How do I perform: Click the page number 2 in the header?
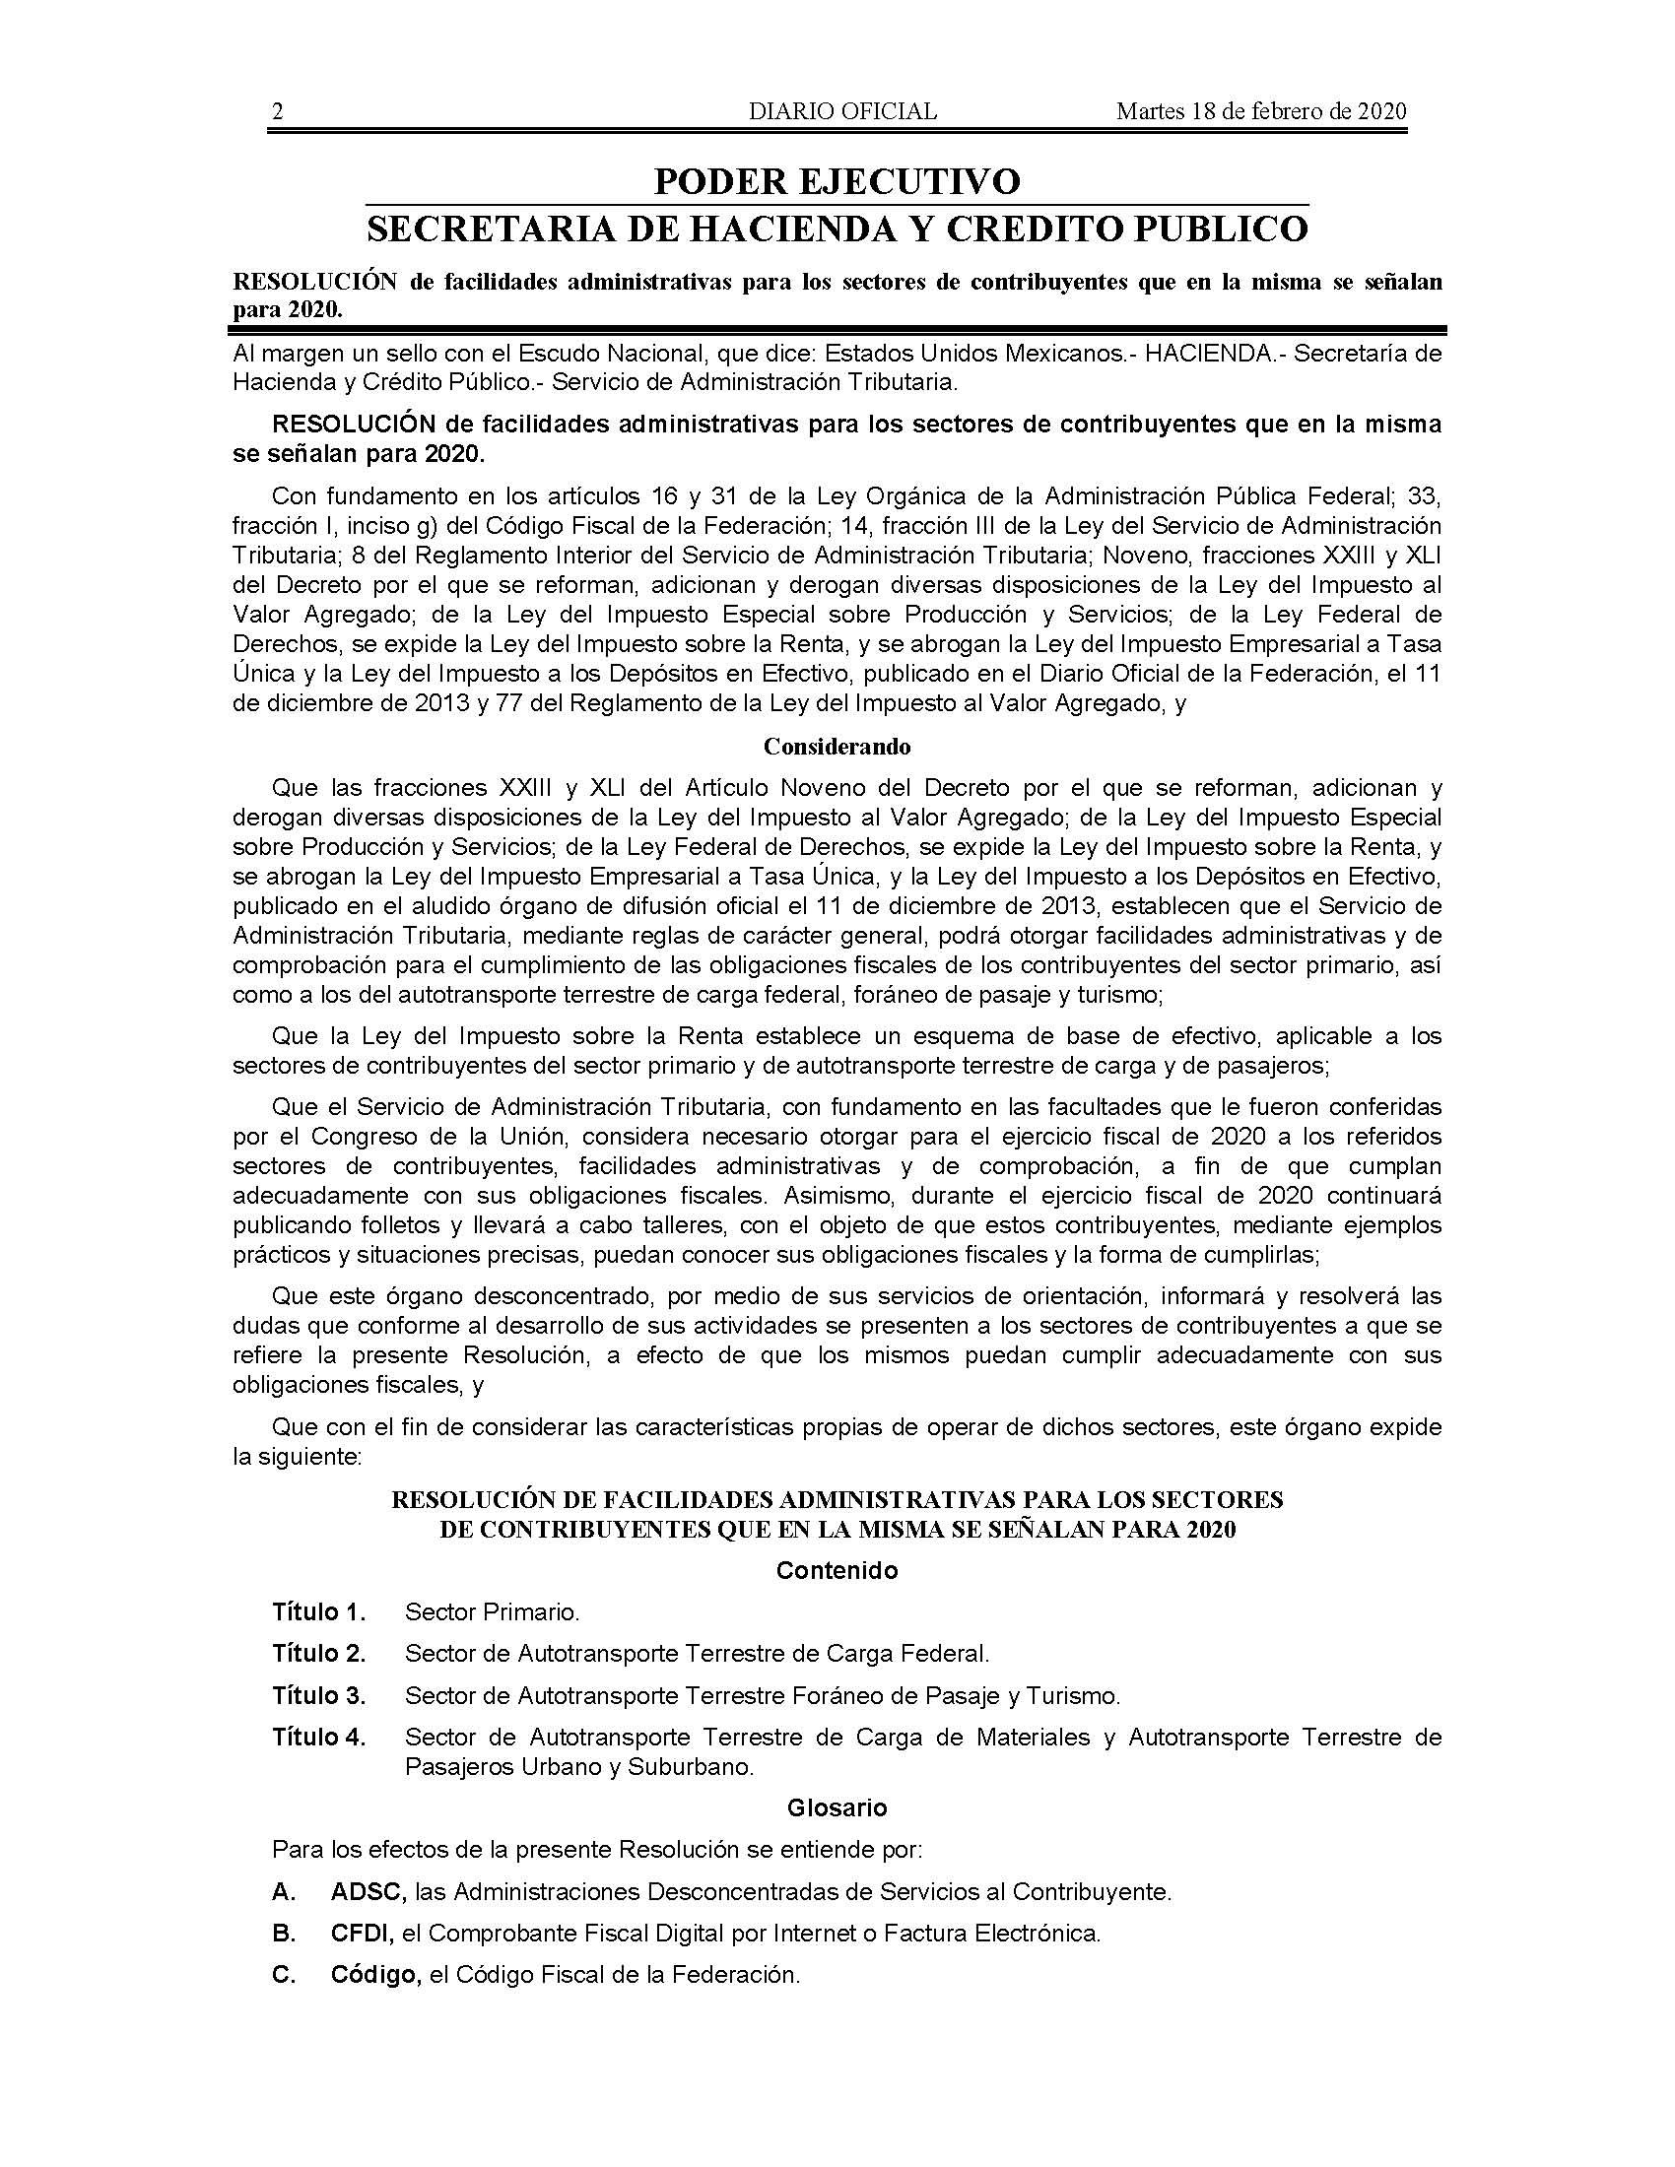pyautogui.click(x=278, y=111)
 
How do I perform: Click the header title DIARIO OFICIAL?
pyautogui.click(x=842, y=111)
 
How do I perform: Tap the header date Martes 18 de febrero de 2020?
pyautogui.click(x=1261, y=111)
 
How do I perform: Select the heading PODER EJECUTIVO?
pyautogui.click(x=837, y=181)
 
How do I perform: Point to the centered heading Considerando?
pyautogui.click(x=837, y=747)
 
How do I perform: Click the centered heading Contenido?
pyautogui.click(x=837, y=1571)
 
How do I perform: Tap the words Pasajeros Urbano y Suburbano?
pyautogui.click(x=579, y=1767)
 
